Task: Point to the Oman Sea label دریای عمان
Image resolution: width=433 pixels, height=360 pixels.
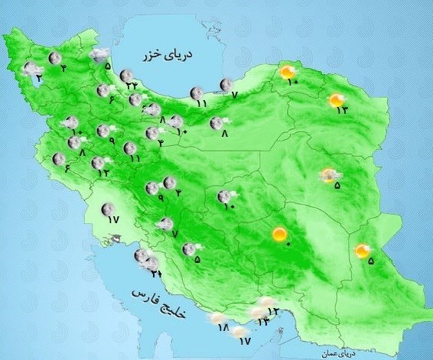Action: click(x=343, y=352)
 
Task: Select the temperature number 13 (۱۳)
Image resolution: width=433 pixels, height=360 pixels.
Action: click(x=341, y=111)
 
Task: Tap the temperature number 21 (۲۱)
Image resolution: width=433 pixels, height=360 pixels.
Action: click(x=156, y=273)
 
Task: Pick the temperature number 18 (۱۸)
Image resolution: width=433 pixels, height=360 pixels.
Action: click(x=223, y=327)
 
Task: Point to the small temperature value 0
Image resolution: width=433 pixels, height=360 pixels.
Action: click(x=288, y=244)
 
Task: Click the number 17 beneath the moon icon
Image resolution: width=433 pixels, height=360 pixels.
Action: click(x=114, y=219)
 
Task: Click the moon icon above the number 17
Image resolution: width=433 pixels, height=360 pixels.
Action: click(x=108, y=208)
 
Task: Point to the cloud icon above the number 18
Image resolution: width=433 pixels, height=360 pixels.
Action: click(x=218, y=317)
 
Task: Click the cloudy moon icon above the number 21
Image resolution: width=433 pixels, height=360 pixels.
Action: click(x=151, y=264)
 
